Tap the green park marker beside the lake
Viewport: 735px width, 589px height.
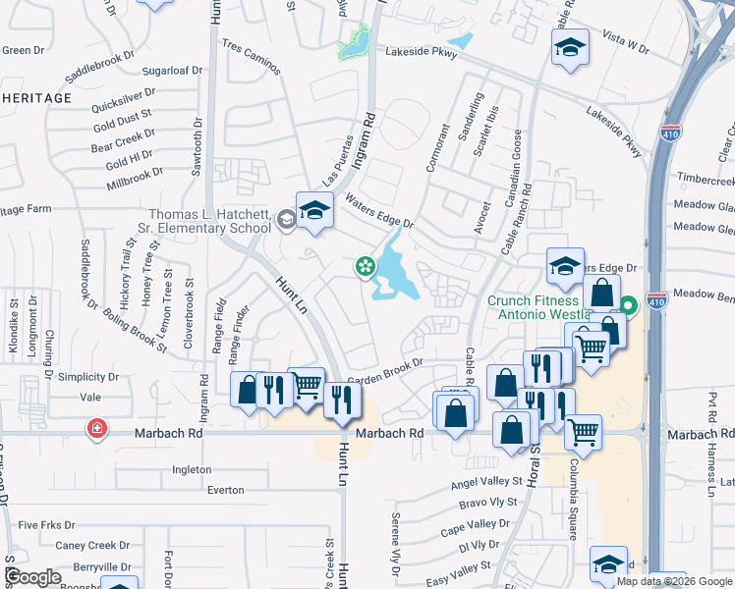[365, 265]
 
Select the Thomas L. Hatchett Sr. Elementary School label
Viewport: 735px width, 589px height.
[209, 221]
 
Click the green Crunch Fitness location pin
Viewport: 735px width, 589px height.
[629, 305]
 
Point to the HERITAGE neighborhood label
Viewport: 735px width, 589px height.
[36, 98]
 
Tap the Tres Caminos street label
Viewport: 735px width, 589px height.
[252, 58]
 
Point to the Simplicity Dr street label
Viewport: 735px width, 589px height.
[86, 377]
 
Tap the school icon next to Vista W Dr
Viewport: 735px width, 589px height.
[569, 48]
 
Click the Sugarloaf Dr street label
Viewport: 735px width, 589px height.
[172, 71]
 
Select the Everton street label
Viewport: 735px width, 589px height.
[225, 489]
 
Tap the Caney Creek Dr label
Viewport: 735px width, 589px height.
[92, 546]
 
